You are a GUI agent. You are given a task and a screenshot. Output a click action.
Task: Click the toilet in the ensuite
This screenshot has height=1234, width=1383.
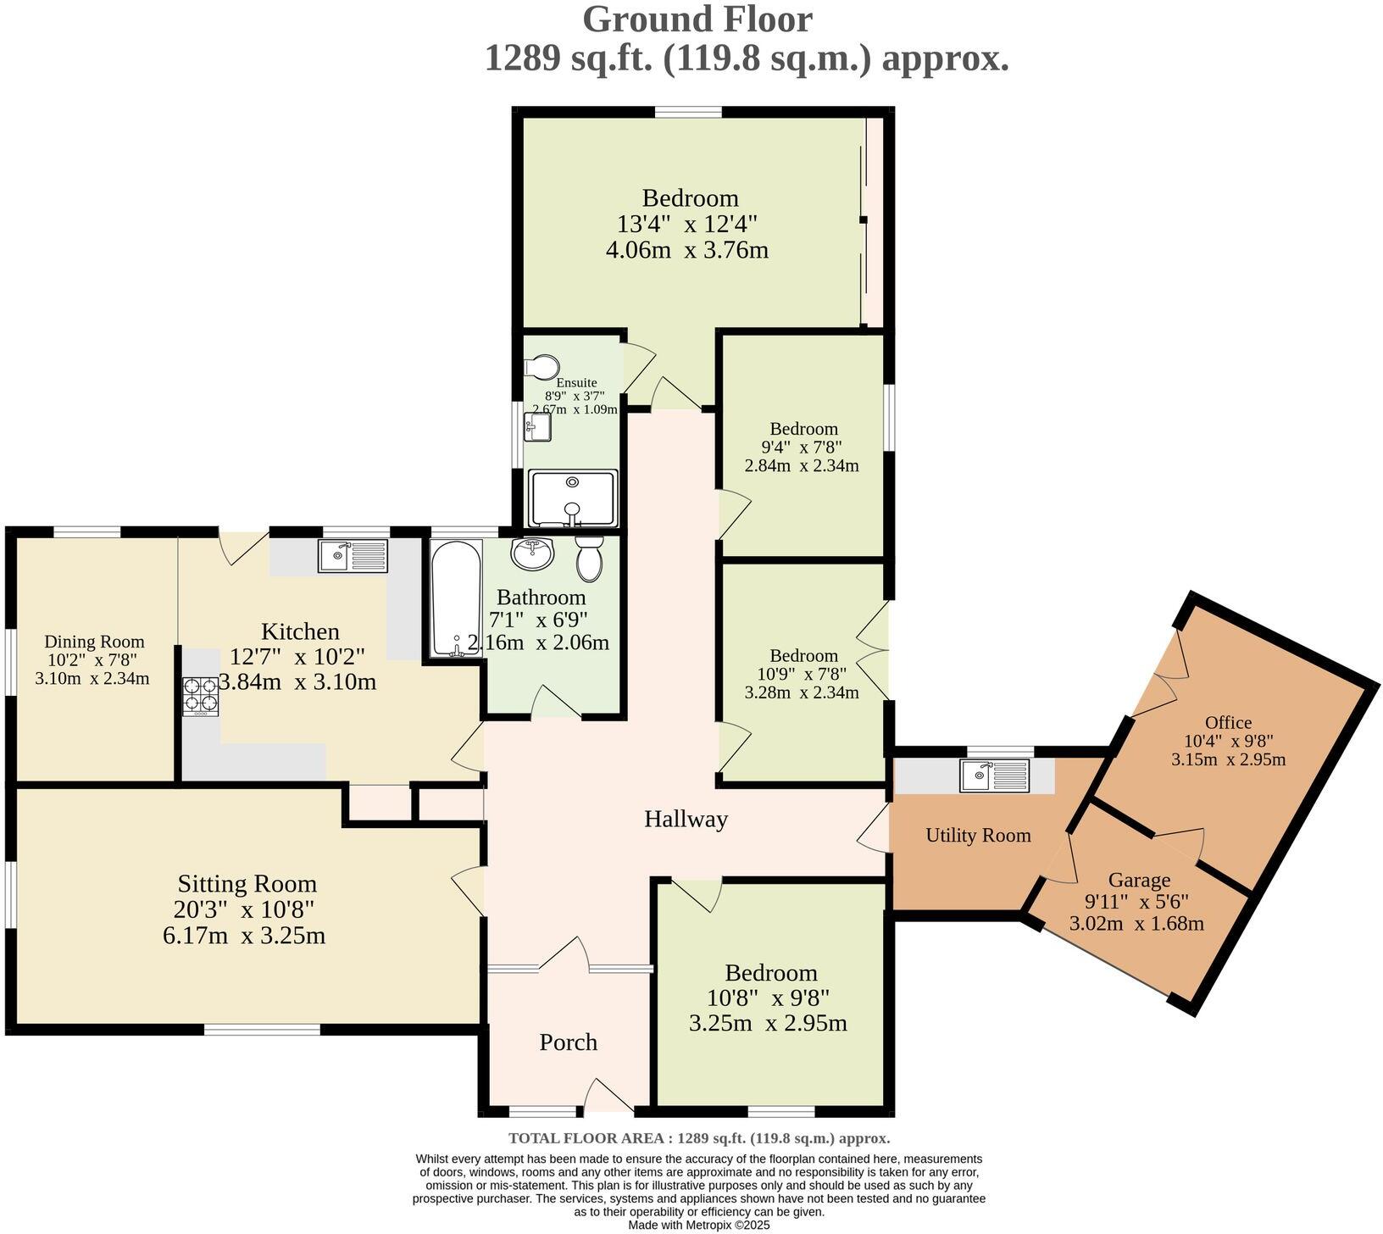tap(541, 368)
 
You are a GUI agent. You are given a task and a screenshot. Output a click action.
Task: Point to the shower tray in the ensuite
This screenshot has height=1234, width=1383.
tap(573, 498)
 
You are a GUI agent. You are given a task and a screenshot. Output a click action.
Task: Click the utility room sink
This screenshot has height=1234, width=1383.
tap(994, 775)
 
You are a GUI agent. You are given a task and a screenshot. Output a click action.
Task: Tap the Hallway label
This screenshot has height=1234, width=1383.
tap(686, 819)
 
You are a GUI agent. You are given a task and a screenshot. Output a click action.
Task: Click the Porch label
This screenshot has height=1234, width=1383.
tap(569, 1042)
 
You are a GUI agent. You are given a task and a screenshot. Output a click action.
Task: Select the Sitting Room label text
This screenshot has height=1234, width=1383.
tap(247, 884)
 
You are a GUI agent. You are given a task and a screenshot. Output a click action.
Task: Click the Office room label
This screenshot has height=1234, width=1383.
tap(1228, 722)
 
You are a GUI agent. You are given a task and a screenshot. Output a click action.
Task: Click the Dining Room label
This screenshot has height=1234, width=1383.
tap(94, 642)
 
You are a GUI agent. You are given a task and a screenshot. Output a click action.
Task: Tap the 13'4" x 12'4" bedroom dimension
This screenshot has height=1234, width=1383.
tap(687, 225)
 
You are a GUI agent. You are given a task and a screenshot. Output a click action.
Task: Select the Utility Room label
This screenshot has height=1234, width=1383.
tap(978, 835)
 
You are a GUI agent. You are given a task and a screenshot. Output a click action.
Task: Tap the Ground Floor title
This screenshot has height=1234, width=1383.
tap(697, 19)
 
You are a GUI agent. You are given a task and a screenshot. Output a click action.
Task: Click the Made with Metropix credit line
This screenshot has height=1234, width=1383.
tap(699, 1225)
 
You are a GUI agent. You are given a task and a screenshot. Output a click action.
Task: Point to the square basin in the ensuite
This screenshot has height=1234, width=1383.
tap(537, 427)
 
